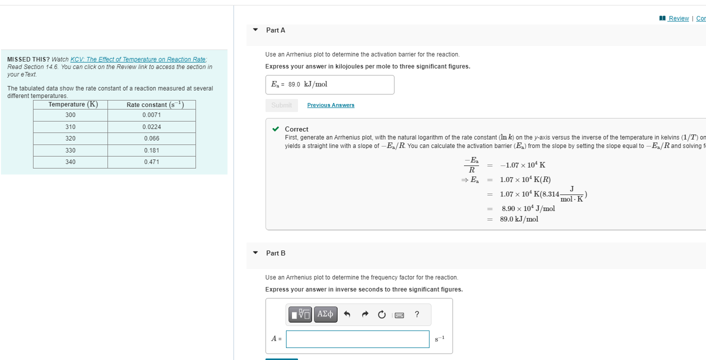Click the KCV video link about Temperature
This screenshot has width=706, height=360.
coord(138,59)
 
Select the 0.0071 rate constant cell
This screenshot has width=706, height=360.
coord(151,115)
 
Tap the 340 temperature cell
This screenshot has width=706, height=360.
coord(70,162)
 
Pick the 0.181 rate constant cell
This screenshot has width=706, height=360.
coord(151,150)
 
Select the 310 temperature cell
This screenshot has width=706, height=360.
coord(70,127)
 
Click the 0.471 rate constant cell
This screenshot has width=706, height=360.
coord(151,162)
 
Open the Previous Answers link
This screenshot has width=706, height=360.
coord(330,105)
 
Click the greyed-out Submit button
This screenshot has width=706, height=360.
coord(281,105)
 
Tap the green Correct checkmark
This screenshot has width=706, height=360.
coord(275,129)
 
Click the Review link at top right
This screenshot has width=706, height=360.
coord(678,18)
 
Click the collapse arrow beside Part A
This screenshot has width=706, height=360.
coord(255,30)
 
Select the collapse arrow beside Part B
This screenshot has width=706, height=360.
coord(255,253)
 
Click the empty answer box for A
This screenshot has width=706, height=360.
coord(357,339)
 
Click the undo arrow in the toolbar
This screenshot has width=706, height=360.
coord(347,314)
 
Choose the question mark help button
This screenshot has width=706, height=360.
coord(417,314)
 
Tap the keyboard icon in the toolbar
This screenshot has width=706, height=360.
coord(399,315)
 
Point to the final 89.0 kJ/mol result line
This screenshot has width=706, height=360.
coord(519,219)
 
